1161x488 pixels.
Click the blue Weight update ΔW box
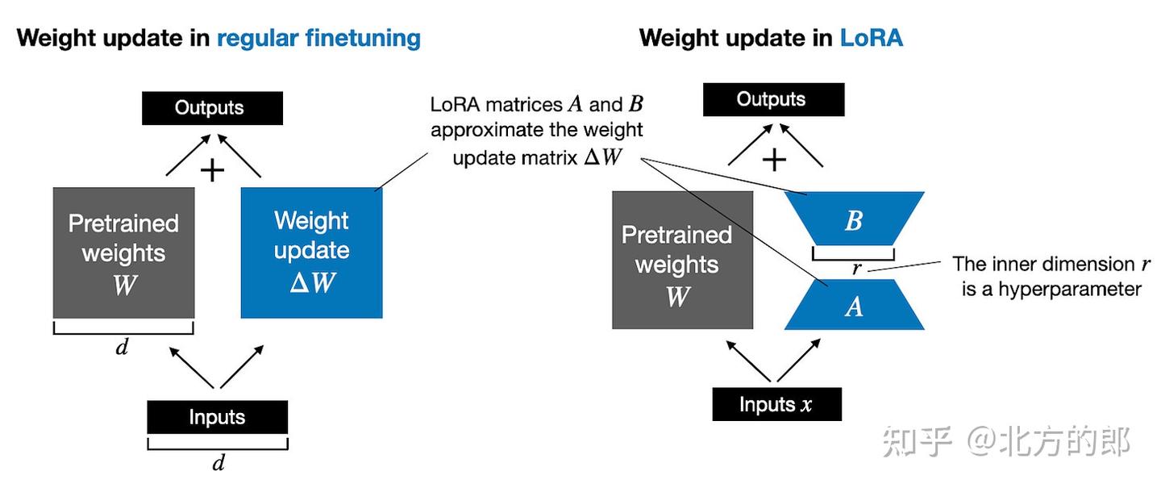coord(311,252)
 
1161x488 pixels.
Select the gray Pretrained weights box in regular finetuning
coord(123,252)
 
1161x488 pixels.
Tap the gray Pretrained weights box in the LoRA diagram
coord(682,260)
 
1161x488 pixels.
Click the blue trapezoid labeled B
coord(854,219)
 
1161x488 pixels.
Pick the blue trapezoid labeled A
coord(854,305)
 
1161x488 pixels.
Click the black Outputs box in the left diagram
coord(212,108)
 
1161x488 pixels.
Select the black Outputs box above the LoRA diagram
coord(773,100)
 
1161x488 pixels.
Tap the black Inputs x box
coord(776,404)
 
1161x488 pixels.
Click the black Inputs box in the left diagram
coord(217,417)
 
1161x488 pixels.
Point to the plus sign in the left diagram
coord(211,170)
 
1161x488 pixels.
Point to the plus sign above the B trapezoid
coord(774,160)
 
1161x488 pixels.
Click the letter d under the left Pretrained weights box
coord(123,348)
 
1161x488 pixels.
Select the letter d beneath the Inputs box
coord(218,462)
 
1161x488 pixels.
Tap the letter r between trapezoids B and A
coord(855,269)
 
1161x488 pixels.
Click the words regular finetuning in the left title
coord(318,38)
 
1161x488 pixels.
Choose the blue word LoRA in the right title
coord(871,38)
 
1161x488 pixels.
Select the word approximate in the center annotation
coord(476,130)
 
